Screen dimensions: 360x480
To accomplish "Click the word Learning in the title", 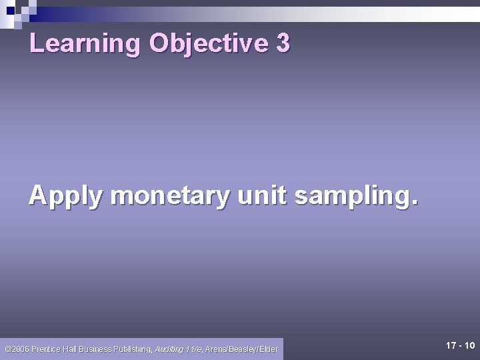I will pos(85,44).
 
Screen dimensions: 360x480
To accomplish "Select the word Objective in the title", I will pos(208,44).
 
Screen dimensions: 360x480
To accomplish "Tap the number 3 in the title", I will pos(282,44).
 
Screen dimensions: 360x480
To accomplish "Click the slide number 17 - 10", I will pos(460,346).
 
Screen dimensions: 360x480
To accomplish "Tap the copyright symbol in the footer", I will pos(7,349).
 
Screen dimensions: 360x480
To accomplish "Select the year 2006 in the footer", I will pos(19,349).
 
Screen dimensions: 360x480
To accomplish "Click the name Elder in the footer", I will pos(269,349).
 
